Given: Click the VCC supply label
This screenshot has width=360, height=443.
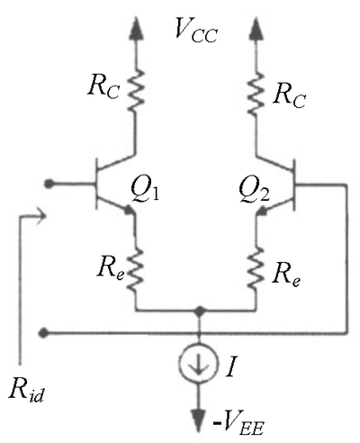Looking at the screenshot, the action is [x=196, y=30].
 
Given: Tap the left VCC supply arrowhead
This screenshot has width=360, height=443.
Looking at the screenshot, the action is [x=136, y=28].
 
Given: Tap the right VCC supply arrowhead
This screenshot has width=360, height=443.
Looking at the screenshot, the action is [x=256, y=28].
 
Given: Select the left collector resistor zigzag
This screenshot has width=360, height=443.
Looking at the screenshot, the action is [x=136, y=91].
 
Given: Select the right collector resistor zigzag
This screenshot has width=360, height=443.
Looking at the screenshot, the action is [x=256, y=94].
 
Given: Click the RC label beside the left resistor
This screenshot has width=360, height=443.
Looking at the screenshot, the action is [x=103, y=86].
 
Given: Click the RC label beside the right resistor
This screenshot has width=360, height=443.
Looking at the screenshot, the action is [x=289, y=95].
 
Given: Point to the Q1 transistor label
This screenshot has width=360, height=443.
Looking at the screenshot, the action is [x=145, y=190].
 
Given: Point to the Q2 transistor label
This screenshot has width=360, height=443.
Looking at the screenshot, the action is [x=255, y=190].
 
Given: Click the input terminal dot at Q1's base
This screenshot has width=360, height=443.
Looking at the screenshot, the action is [x=49, y=184].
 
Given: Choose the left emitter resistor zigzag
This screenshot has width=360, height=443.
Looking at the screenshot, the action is [x=136, y=269].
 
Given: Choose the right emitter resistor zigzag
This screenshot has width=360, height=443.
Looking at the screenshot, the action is [x=256, y=267].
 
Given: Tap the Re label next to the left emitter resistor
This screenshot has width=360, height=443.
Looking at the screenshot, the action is [x=111, y=267].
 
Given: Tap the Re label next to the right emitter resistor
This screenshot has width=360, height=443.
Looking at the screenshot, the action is [x=286, y=275].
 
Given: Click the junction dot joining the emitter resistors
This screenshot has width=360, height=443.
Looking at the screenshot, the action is [x=199, y=311].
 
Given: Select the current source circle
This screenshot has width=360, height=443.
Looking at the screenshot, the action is [x=198, y=364].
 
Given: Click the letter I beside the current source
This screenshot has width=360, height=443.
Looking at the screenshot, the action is [x=231, y=366].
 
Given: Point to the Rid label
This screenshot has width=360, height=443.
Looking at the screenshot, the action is [x=26, y=390].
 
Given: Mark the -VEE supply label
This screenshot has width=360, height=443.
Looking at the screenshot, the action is [x=238, y=424].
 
